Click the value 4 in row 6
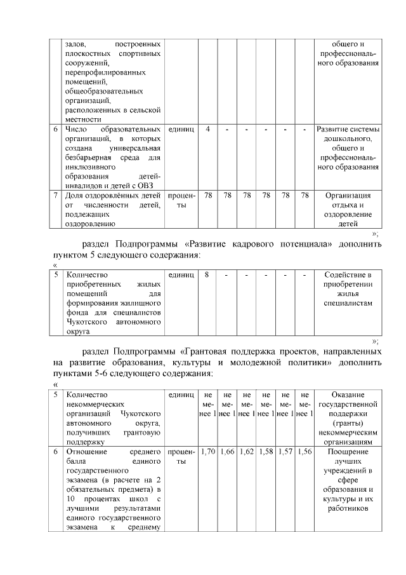click(x=208, y=129)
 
